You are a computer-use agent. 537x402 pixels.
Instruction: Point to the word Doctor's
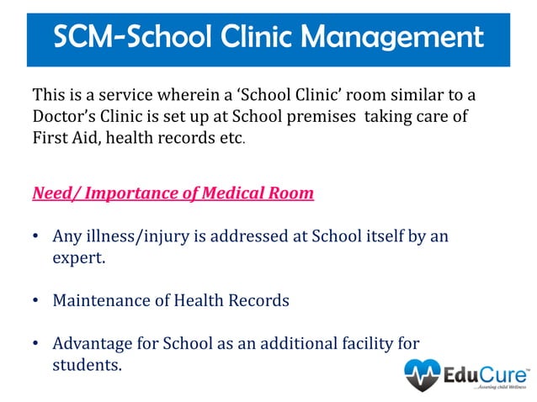coord(66,116)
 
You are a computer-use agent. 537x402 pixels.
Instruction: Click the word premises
coord(314,116)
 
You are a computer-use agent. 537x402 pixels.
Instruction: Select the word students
coord(86,365)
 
